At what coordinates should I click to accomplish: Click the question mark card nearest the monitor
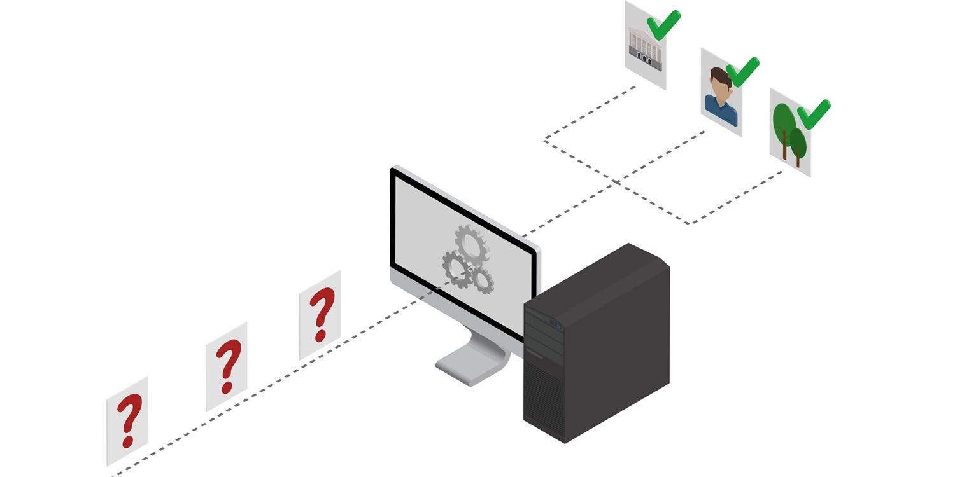coord(320,315)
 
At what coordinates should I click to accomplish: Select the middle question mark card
coord(226,367)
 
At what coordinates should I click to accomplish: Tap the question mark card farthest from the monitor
coord(127,421)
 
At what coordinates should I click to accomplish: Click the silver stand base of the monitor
coord(471,366)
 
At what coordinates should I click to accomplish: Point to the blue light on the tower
coord(560,326)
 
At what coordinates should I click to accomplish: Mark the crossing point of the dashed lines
coord(617,183)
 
